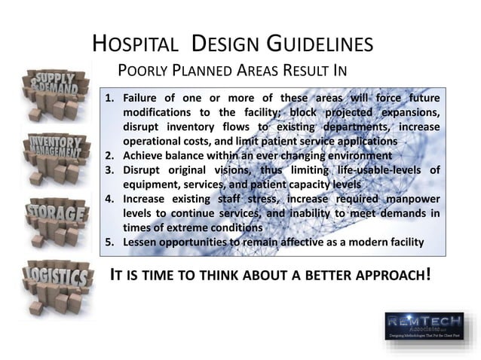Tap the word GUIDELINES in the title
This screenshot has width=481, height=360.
coord(314,44)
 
